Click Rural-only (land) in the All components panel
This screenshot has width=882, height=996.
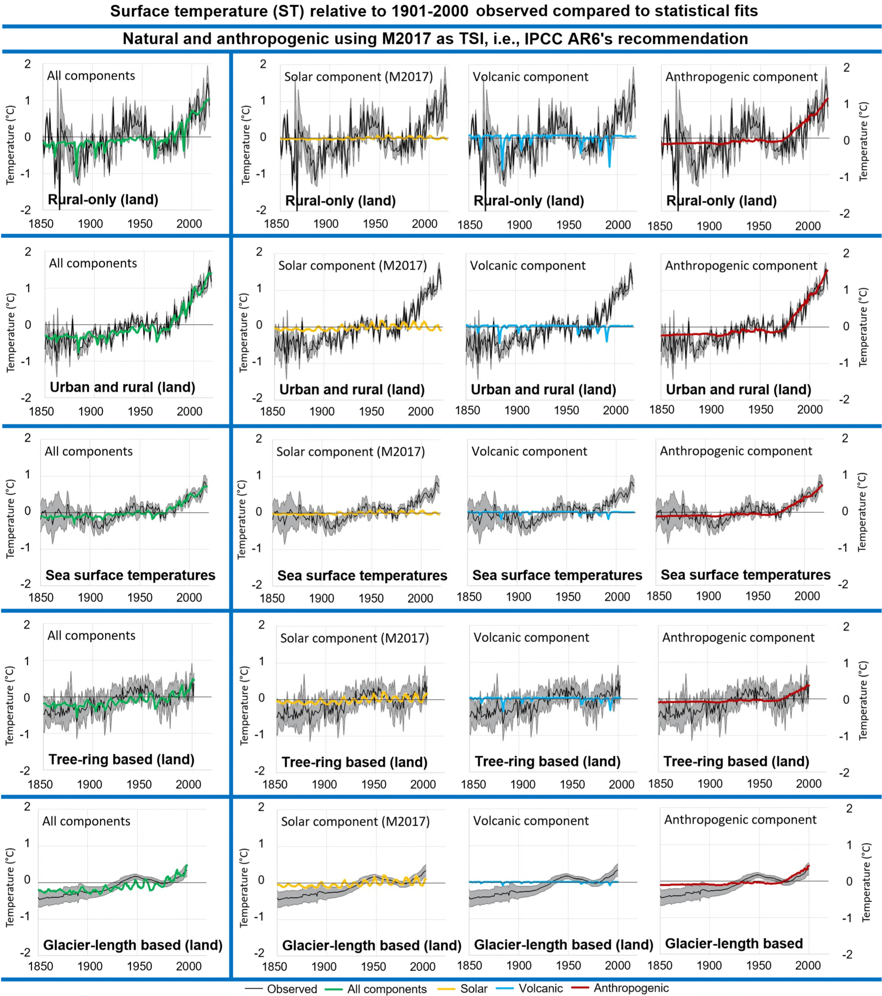pos(103,199)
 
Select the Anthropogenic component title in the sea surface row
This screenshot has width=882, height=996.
pos(735,451)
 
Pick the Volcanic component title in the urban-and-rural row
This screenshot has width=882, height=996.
pos(527,265)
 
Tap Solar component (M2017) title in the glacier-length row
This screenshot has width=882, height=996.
pos(355,821)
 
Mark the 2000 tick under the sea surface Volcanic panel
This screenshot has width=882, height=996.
pos(617,596)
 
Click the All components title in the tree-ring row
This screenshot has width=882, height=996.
pos(91,635)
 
